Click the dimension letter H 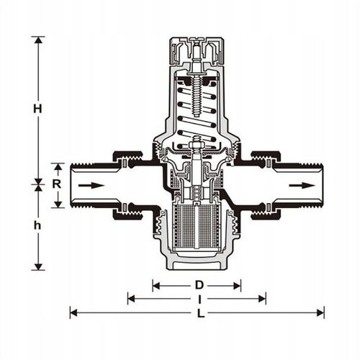pyautogui.click(x=37, y=109)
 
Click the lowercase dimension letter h pyautogui.click(x=37, y=225)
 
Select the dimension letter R pyautogui.click(x=57, y=184)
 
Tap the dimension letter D pyautogui.click(x=199, y=285)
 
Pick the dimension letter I pyautogui.click(x=199, y=299)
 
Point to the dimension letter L pyautogui.click(x=200, y=313)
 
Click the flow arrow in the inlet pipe pyautogui.click(x=91, y=185)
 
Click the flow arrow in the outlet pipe pyautogui.click(x=302, y=185)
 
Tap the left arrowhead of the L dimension pyautogui.click(x=73, y=313)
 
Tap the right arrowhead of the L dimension pyautogui.click(x=320, y=313)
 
